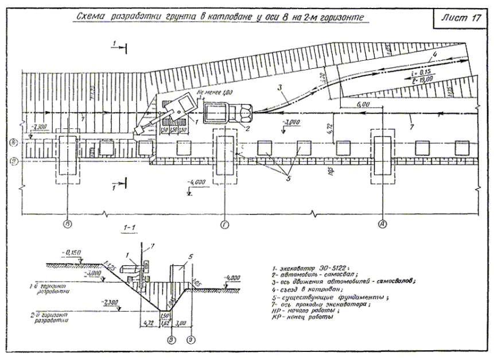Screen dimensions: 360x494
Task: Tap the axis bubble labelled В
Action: (68, 225)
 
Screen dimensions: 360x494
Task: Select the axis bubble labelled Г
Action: (224, 225)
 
